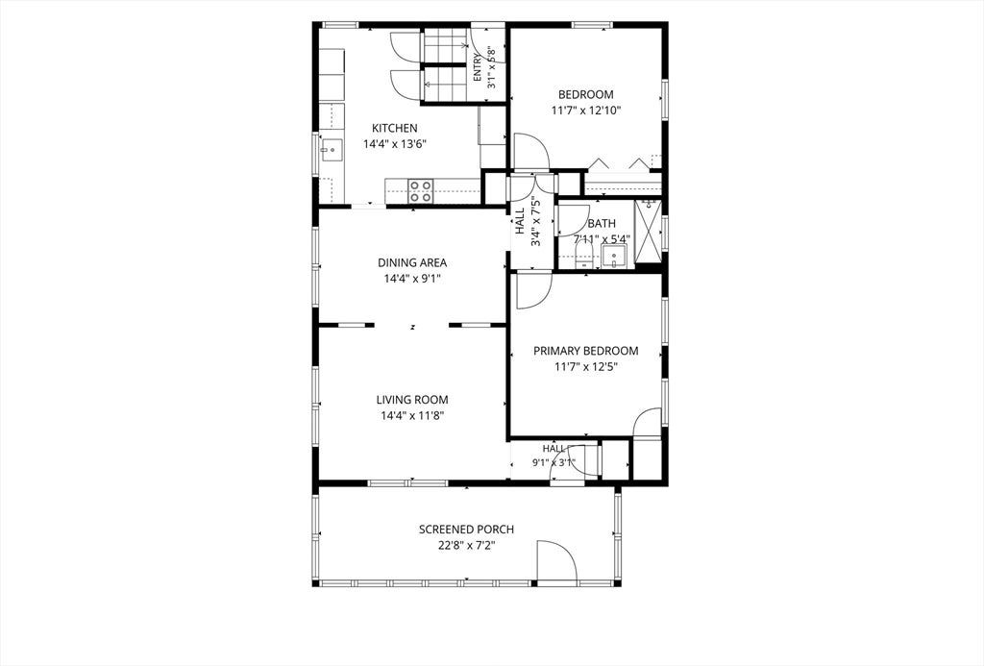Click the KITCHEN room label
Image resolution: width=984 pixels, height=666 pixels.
(x=395, y=128)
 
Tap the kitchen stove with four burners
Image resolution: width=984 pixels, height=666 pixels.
(x=421, y=191)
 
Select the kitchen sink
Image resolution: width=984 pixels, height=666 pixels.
(x=331, y=150)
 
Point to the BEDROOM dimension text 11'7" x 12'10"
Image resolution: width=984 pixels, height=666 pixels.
(x=585, y=111)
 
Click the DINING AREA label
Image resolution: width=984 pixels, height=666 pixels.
(x=412, y=263)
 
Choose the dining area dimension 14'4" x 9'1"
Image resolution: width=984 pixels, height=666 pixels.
(x=412, y=279)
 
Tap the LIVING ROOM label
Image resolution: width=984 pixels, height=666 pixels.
(x=412, y=400)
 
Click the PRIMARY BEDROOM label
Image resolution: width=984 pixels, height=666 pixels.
(x=586, y=351)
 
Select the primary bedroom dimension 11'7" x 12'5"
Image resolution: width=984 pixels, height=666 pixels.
(x=586, y=366)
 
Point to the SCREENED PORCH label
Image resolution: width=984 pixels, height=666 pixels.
(x=466, y=530)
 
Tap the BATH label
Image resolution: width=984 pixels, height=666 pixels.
(x=602, y=224)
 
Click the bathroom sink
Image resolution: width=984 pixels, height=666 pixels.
(x=613, y=257)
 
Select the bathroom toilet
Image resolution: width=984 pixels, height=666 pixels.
(x=584, y=257)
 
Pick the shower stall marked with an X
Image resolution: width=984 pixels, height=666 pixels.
(x=647, y=234)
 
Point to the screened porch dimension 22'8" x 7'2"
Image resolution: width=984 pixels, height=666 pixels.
(x=466, y=546)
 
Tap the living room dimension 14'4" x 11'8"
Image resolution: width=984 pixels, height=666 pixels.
(x=412, y=415)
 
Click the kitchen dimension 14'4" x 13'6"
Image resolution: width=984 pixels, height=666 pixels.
(x=395, y=144)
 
